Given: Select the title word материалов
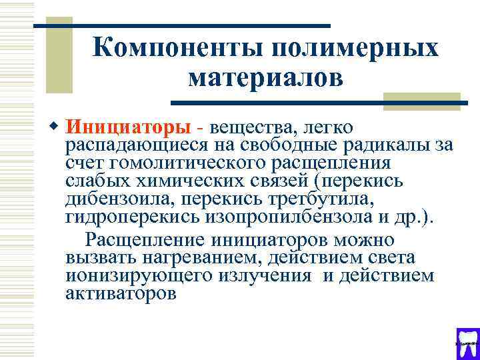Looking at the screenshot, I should click(265, 78).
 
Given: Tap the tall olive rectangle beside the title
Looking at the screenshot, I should click(62, 60).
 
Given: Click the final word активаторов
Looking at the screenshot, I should click(121, 293).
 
